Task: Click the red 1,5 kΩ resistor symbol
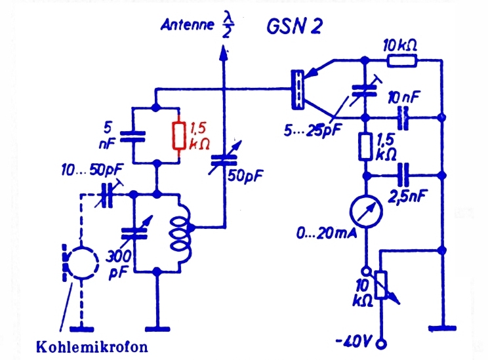pyautogui.click(x=179, y=136)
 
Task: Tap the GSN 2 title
pyautogui.click(x=294, y=26)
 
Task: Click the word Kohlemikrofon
pyautogui.click(x=92, y=347)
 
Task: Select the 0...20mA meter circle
pyautogui.click(x=366, y=212)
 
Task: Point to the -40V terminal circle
pyautogui.click(x=381, y=344)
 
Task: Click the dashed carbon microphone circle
pyautogui.click(x=83, y=262)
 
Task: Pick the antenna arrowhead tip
pyautogui.click(x=223, y=46)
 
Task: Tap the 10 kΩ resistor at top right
pyautogui.click(x=402, y=61)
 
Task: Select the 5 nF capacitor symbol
pyautogui.click(x=133, y=136)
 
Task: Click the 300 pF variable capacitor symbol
pyautogui.click(x=134, y=233)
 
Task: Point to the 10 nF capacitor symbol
pyautogui.click(x=403, y=118)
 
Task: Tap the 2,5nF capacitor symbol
pyautogui.click(x=403, y=176)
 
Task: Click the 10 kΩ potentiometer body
pyautogui.click(x=381, y=285)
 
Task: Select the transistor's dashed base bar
pyautogui.click(x=298, y=89)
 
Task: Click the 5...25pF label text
pyautogui.click(x=313, y=130)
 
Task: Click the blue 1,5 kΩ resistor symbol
pyautogui.click(x=366, y=147)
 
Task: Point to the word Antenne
pyautogui.click(x=188, y=24)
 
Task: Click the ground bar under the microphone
pyautogui.click(x=81, y=329)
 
